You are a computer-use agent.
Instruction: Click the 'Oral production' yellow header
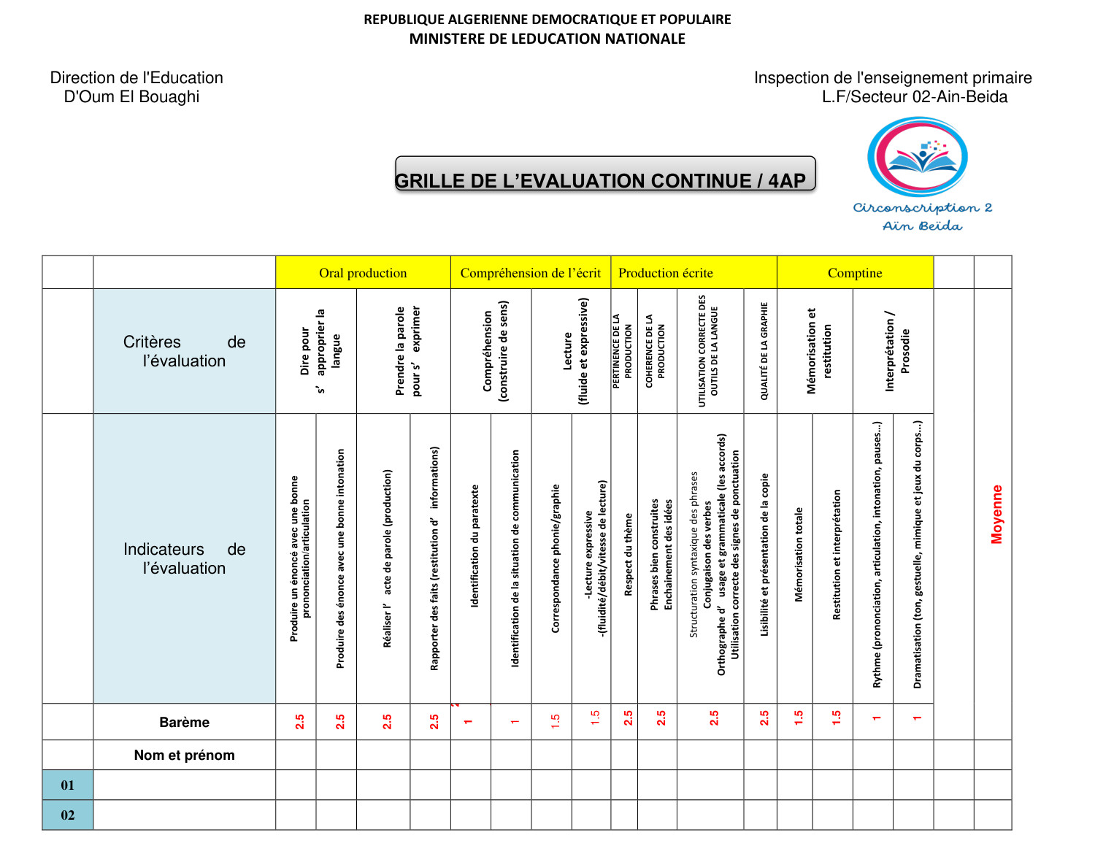click(x=363, y=273)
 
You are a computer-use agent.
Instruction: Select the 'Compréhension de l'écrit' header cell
click(x=531, y=273)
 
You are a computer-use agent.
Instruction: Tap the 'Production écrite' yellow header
click(x=666, y=273)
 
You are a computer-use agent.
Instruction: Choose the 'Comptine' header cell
click(x=855, y=273)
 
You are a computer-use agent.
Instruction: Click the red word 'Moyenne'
click(x=996, y=514)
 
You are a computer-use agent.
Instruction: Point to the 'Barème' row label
click(x=184, y=722)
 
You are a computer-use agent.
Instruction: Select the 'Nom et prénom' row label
click(x=184, y=755)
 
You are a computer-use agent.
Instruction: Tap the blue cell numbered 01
click(x=68, y=785)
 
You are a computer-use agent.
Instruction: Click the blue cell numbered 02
click(x=68, y=815)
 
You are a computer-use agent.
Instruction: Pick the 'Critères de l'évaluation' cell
click(x=184, y=351)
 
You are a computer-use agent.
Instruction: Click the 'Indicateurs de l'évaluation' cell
click(x=184, y=558)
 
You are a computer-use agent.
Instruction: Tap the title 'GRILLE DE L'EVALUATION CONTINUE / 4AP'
click(x=601, y=180)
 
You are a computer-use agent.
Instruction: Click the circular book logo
click(x=918, y=156)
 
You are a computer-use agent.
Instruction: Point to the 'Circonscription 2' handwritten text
click(x=923, y=208)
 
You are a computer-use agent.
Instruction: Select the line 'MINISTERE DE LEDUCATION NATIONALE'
click(x=547, y=39)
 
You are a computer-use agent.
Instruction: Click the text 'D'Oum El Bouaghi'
click(x=131, y=97)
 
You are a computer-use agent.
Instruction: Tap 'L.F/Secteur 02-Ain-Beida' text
click(x=915, y=97)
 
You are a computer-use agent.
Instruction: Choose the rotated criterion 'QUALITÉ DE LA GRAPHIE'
click(x=764, y=351)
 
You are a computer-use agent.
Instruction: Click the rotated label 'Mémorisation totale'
click(x=799, y=554)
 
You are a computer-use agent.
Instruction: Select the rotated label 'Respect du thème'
click(x=628, y=554)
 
